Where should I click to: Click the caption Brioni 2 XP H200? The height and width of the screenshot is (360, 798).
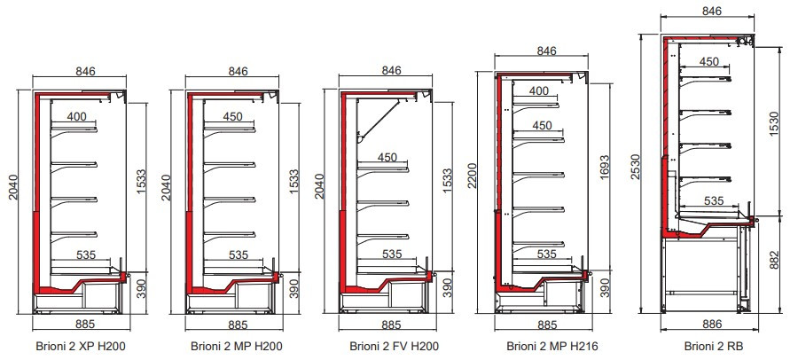click(82, 345)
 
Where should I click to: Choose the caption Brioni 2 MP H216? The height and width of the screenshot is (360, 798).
click(546, 345)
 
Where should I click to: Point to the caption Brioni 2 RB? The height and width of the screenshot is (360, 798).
click(708, 345)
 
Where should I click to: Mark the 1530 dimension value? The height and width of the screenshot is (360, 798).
click(774, 125)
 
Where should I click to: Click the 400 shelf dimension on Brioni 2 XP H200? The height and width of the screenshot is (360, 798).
click(76, 116)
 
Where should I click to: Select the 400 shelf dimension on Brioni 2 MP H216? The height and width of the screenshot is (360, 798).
click(538, 90)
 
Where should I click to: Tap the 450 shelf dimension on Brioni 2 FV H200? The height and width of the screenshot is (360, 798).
click(387, 158)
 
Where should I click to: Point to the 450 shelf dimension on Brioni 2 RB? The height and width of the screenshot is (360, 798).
click(709, 61)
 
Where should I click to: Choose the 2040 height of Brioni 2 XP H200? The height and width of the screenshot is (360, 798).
click(12, 186)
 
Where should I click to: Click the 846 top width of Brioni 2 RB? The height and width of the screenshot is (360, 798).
click(710, 12)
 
